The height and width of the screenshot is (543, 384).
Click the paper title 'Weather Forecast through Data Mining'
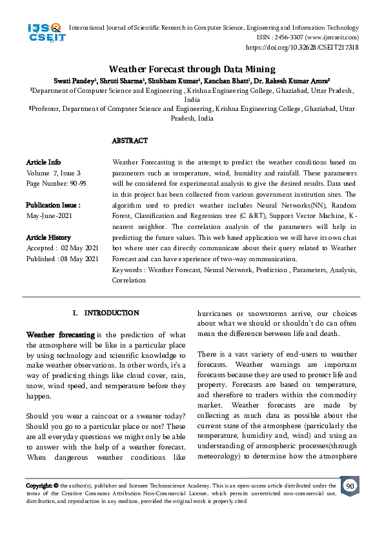(x=192, y=69)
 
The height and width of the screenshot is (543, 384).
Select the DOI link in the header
(x=302, y=48)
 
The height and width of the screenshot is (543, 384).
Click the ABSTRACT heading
(x=130, y=141)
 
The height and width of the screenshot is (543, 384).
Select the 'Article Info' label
(x=43, y=163)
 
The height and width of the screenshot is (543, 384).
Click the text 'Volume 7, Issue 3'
(x=54, y=173)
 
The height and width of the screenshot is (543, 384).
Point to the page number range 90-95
(x=74, y=184)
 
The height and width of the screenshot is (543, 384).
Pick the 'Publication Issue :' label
(x=53, y=205)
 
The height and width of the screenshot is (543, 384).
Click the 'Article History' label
(x=48, y=237)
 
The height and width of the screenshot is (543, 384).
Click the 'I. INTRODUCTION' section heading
(x=106, y=313)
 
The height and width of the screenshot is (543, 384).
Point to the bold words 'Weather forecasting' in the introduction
(x=60, y=335)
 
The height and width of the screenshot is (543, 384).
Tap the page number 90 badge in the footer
(x=349, y=486)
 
